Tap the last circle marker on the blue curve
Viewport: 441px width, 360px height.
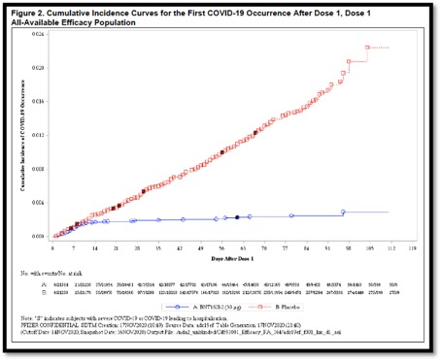tap(343, 212)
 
